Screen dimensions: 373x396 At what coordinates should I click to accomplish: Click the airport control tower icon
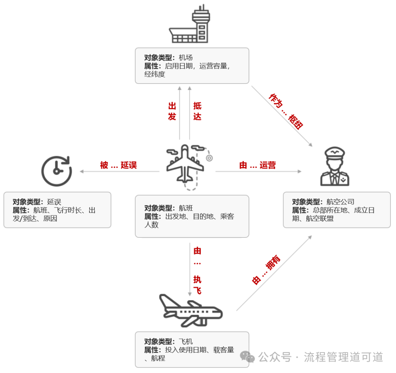pyautogui.click(x=189, y=25)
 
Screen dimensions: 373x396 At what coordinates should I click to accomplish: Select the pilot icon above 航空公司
pyautogui.click(x=335, y=166)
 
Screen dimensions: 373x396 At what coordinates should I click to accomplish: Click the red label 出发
pyautogui.click(x=172, y=111)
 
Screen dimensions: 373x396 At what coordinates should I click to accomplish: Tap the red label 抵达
pyautogui.click(x=197, y=111)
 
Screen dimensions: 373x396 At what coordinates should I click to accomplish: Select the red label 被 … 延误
pyautogui.click(x=118, y=165)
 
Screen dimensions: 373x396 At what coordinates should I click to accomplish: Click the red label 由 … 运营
pyautogui.click(x=257, y=165)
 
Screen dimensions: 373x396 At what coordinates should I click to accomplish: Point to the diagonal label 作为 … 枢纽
pyautogui.click(x=286, y=111)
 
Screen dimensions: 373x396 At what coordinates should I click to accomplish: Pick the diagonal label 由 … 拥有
pyautogui.click(x=267, y=270)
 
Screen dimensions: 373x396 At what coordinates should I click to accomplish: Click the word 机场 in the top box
pyautogui.click(x=186, y=58)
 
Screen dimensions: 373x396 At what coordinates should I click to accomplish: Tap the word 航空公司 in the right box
pyautogui.click(x=340, y=202)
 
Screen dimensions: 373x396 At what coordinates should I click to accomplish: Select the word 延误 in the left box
pyautogui.click(x=54, y=202)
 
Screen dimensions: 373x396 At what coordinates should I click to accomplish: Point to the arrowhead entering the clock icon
pyautogui.click(x=82, y=171)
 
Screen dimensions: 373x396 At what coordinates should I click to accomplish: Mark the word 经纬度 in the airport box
pyautogui.click(x=155, y=74)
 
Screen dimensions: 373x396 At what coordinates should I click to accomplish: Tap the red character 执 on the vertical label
pyautogui.click(x=197, y=280)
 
